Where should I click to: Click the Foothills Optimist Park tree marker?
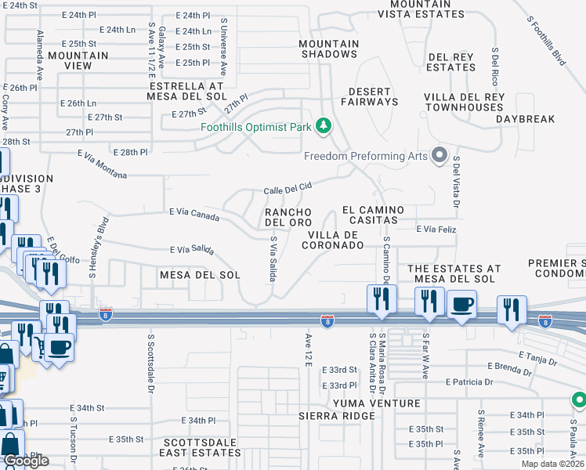tap(322, 126)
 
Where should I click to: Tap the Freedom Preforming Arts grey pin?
tap(439, 154)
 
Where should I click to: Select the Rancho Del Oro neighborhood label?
tap(288, 217)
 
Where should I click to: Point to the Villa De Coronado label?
tap(335, 240)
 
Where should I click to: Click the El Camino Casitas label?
tap(373, 215)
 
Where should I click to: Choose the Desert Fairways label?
tap(370, 96)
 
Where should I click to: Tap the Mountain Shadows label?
tap(329, 49)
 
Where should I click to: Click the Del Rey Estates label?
tap(452, 62)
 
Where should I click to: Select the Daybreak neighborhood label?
tap(525, 119)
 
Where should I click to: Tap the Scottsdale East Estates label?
tap(198, 447)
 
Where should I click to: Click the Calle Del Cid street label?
tap(288, 188)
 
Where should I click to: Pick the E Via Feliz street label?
tap(436, 229)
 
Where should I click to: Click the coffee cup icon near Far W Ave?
tap(461, 304)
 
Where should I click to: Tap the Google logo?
tap(26, 460)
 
